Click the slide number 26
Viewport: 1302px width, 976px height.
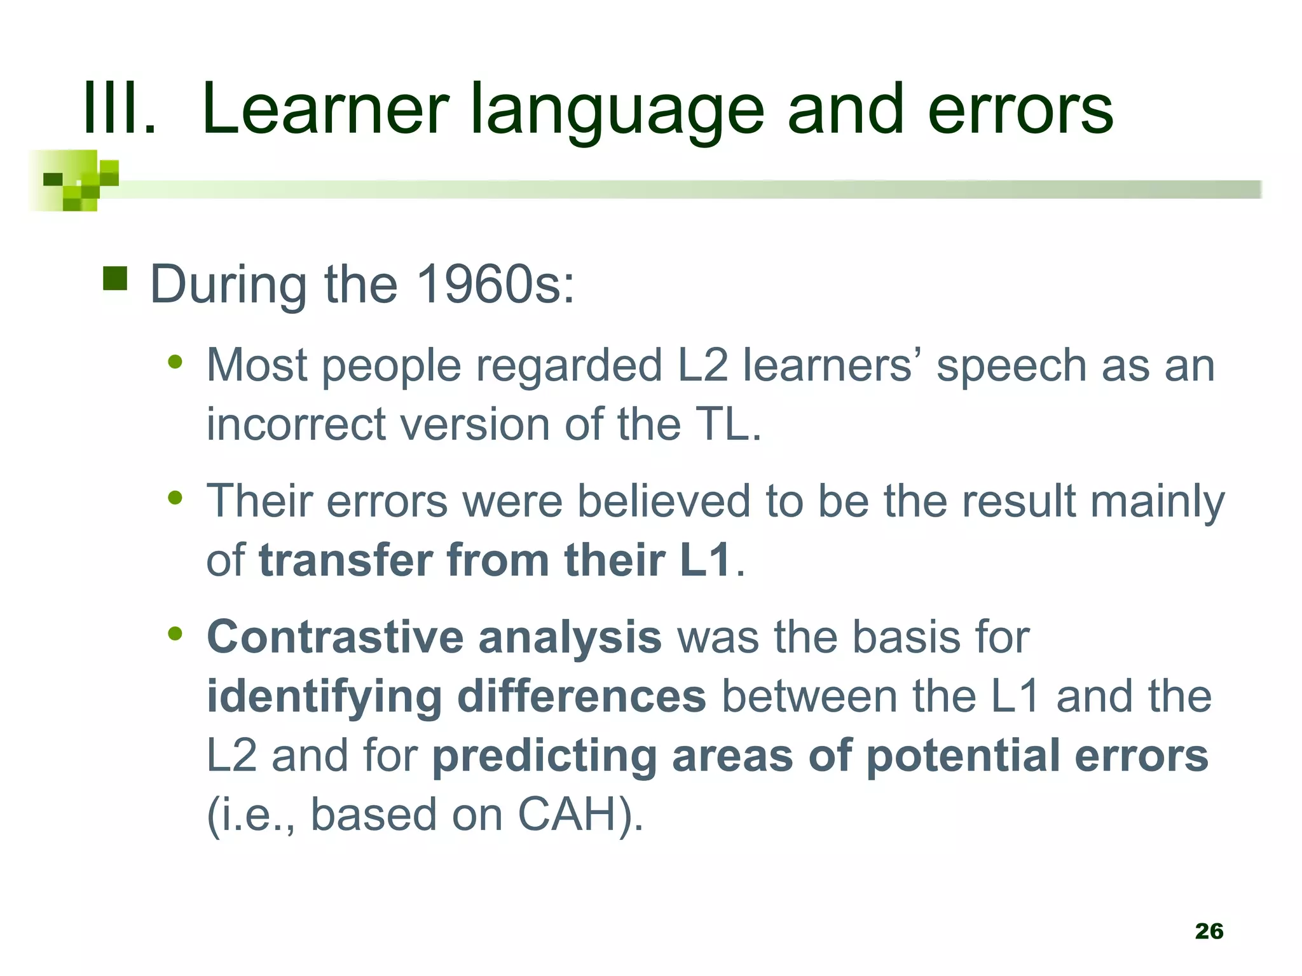point(1209,931)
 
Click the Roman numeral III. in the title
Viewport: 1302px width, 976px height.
point(120,109)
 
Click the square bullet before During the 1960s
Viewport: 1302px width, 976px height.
point(115,278)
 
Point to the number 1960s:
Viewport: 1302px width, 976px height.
point(495,284)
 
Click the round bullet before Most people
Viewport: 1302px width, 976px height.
point(175,363)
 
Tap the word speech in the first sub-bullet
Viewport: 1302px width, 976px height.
point(1011,367)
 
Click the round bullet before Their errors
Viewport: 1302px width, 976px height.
point(175,498)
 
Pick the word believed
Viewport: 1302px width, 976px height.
point(664,501)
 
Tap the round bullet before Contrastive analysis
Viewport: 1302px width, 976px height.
point(175,634)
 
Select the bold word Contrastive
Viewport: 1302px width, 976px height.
point(335,637)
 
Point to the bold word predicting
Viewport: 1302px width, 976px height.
point(544,757)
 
